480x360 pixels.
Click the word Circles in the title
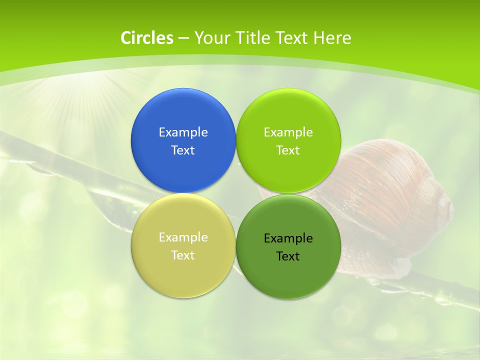coord(147,38)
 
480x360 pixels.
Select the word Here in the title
coord(332,38)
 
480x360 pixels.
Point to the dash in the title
coord(183,38)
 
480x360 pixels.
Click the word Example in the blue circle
coord(183,132)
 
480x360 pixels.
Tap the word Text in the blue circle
coord(183,150)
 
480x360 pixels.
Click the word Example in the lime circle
coord(288,132)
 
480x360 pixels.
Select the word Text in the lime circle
coord(288,150)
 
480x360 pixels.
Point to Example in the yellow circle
coord(183,237)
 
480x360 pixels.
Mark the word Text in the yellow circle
coord(183,255)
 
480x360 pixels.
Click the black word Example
coord(288,238)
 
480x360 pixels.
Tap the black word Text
coord(288,256)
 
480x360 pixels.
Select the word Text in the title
coord(292,38)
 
